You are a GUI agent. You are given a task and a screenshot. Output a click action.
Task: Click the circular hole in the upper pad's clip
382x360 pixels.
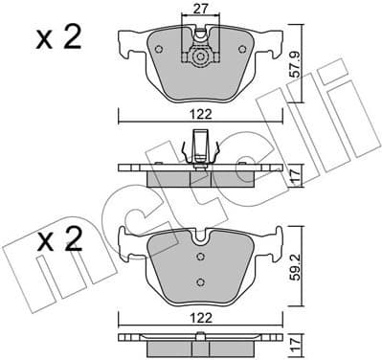[x=200, y=56]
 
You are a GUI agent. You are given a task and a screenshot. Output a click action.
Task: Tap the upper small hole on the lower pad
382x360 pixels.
[x=200, y=257]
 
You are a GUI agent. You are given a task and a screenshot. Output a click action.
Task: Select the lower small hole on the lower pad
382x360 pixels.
[x=200, y=280]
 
